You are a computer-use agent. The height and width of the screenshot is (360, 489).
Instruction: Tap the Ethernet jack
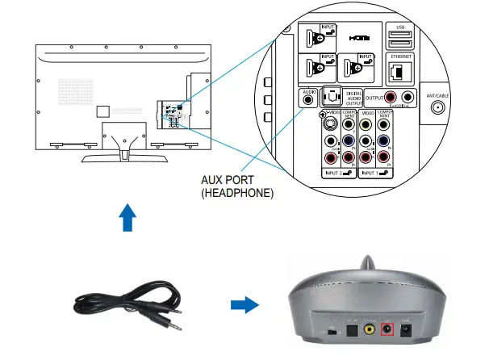[x=399, y=72]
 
